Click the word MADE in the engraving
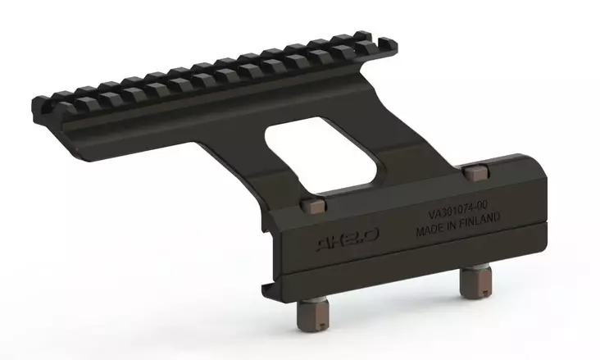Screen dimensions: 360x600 click(432, 230)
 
